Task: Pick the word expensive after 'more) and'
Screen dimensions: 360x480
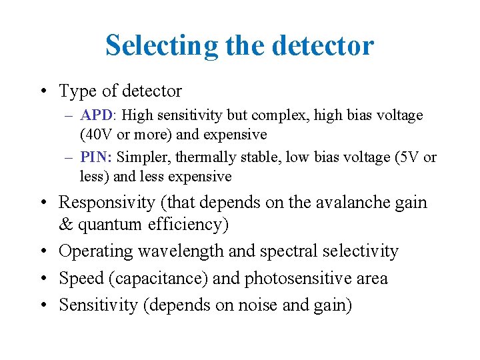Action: coord(235,135)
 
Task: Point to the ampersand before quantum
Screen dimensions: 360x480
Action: coord(67,225)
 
